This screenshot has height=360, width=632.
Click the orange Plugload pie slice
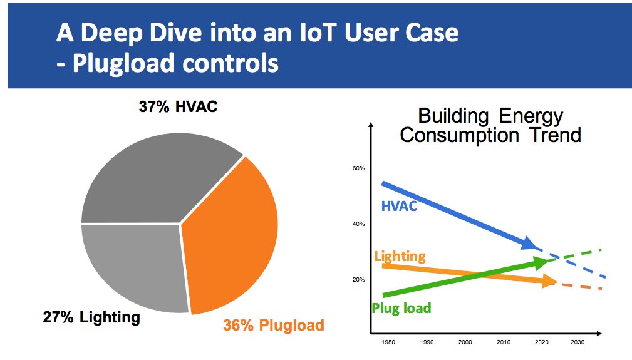point(232,238)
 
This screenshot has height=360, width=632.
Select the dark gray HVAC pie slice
point(163,182)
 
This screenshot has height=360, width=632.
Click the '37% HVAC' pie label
point(178,106)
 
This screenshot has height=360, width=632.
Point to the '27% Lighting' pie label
point(91,317)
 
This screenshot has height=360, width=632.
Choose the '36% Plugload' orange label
point(274,326)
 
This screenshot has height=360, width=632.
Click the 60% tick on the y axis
point(358,168)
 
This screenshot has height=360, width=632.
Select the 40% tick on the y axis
point(358,224)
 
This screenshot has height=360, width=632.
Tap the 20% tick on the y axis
point(358,280)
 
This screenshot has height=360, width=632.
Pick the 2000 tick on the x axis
point(464,343)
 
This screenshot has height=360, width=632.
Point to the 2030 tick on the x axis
point(578,343)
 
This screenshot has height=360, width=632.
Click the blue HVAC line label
point(399,206)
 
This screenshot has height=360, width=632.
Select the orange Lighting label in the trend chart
point(400,256)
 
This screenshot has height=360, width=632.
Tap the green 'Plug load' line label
point(401,308)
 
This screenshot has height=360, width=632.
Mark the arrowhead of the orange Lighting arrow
point(549,282)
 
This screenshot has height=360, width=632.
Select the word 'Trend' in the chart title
point(552,135)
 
